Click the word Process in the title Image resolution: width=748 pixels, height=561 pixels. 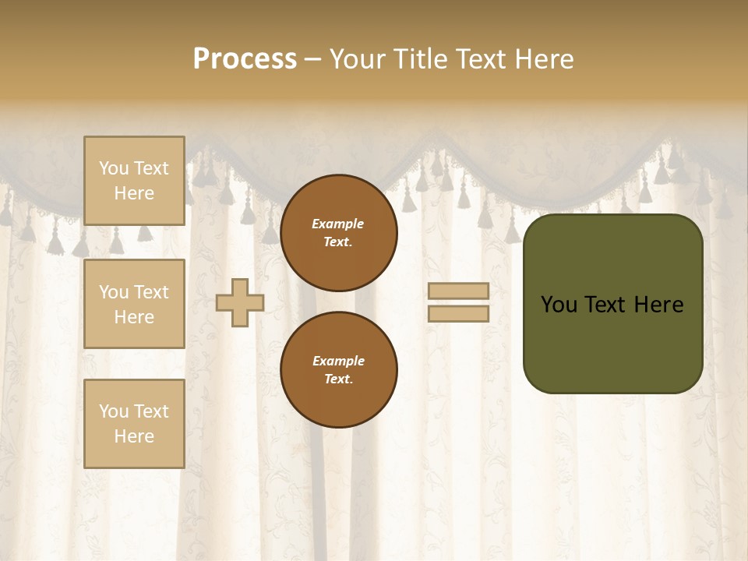[x=245, y=59]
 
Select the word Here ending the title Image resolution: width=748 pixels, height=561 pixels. [x=543, y=59]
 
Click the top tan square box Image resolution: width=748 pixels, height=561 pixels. [x=134, y=181]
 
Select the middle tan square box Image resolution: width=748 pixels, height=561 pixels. [x=134, y=304]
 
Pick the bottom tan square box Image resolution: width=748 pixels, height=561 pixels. [x=134, y=424]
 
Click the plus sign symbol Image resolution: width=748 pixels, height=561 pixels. [x=240, y=302]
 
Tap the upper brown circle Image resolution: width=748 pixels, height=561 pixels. [x=339, y=233]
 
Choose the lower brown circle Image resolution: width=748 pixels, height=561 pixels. [x=339, y=369]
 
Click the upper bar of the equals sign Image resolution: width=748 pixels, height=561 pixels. [x=459, y=291]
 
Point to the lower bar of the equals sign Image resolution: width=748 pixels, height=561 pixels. [x=459, y=314]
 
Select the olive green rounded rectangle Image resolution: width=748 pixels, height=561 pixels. [x=612, y=304]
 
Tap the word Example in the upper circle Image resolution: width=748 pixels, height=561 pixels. [x=338, y=224]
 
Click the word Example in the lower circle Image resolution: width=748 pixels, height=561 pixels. [x=338, y=361]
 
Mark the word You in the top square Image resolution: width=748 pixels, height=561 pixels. [x=113, y=168]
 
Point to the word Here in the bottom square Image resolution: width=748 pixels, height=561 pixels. [x=134, y=436]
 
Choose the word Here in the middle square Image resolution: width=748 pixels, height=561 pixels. [x=134, y=317]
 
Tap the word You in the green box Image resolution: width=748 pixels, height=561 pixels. [x=559, y=305]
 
